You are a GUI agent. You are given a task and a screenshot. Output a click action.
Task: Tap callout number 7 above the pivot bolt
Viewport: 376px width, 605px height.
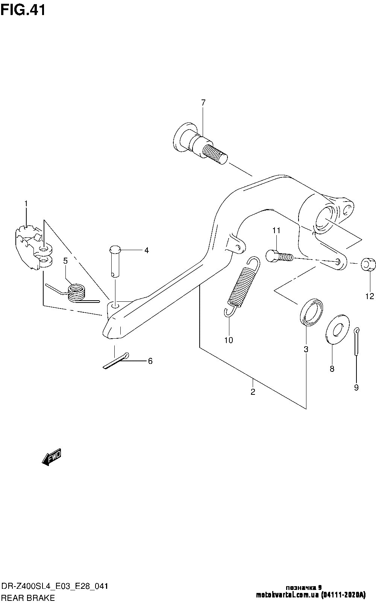point(203,102)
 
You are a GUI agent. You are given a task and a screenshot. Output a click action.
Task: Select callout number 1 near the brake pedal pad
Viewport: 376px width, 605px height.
point(26,203)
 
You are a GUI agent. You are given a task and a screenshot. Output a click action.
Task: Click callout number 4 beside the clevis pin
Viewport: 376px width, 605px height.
point(146,251)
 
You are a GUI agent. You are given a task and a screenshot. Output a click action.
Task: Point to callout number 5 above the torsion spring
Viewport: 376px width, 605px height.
point(65,261)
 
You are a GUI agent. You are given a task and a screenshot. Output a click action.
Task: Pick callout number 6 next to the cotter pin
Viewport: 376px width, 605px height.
point(150,361)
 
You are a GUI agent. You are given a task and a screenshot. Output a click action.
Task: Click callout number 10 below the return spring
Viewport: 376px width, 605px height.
point(229,340)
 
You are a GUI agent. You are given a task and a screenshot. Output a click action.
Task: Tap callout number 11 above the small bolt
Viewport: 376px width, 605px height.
point(276,231)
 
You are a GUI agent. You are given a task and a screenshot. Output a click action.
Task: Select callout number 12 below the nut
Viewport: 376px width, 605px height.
point(370,296)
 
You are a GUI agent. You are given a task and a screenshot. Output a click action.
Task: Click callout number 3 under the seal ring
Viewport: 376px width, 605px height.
point(306,350)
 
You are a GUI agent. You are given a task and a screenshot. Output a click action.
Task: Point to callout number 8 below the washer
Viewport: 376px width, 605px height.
point(332,369)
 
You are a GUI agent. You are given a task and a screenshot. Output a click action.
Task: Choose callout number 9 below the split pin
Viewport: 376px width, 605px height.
point(356,388)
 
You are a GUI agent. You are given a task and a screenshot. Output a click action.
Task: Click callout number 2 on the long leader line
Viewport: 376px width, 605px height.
point(253,392)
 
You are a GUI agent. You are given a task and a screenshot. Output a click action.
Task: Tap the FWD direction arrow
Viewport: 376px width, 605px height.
point(52,457)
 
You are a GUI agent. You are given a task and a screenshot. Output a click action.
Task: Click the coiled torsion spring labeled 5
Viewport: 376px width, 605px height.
point(76,292)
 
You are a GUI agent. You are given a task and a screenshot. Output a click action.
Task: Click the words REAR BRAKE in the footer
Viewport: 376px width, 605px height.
point(28,598)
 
